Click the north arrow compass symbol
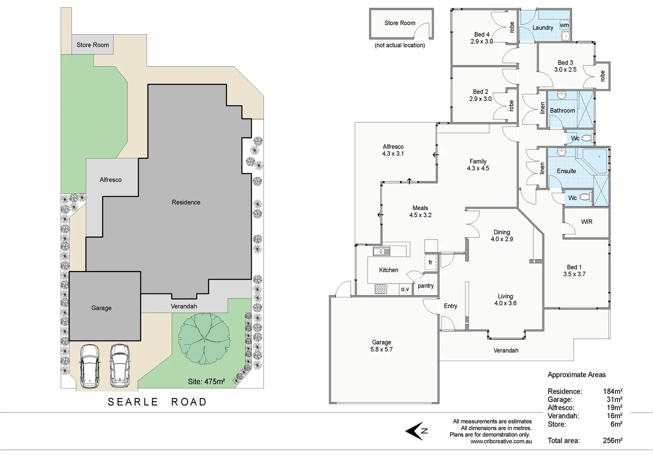tap(416, 431)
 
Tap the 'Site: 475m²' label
tap(206, 381)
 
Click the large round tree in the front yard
tap(204, 338)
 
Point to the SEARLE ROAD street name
tap(157, 402)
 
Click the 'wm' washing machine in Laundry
tap(565, 26)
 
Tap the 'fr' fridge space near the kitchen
tap(430, 262)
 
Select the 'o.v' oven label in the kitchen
tap(405, 289)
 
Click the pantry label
tap(426, 286)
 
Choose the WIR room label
tap(586, 222)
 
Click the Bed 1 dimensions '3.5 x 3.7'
tap(574, 274)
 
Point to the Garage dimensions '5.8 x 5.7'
tap(381, 349)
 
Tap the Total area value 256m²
tap(612, 441)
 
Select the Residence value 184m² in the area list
tap(612, 391)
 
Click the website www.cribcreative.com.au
tap(501, 441)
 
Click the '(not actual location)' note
tap(400, 45)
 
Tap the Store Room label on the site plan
tap(93, 45)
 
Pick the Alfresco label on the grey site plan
tap(111, 180)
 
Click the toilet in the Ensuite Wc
tap(586, 197)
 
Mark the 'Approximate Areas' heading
tap(577, 375)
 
